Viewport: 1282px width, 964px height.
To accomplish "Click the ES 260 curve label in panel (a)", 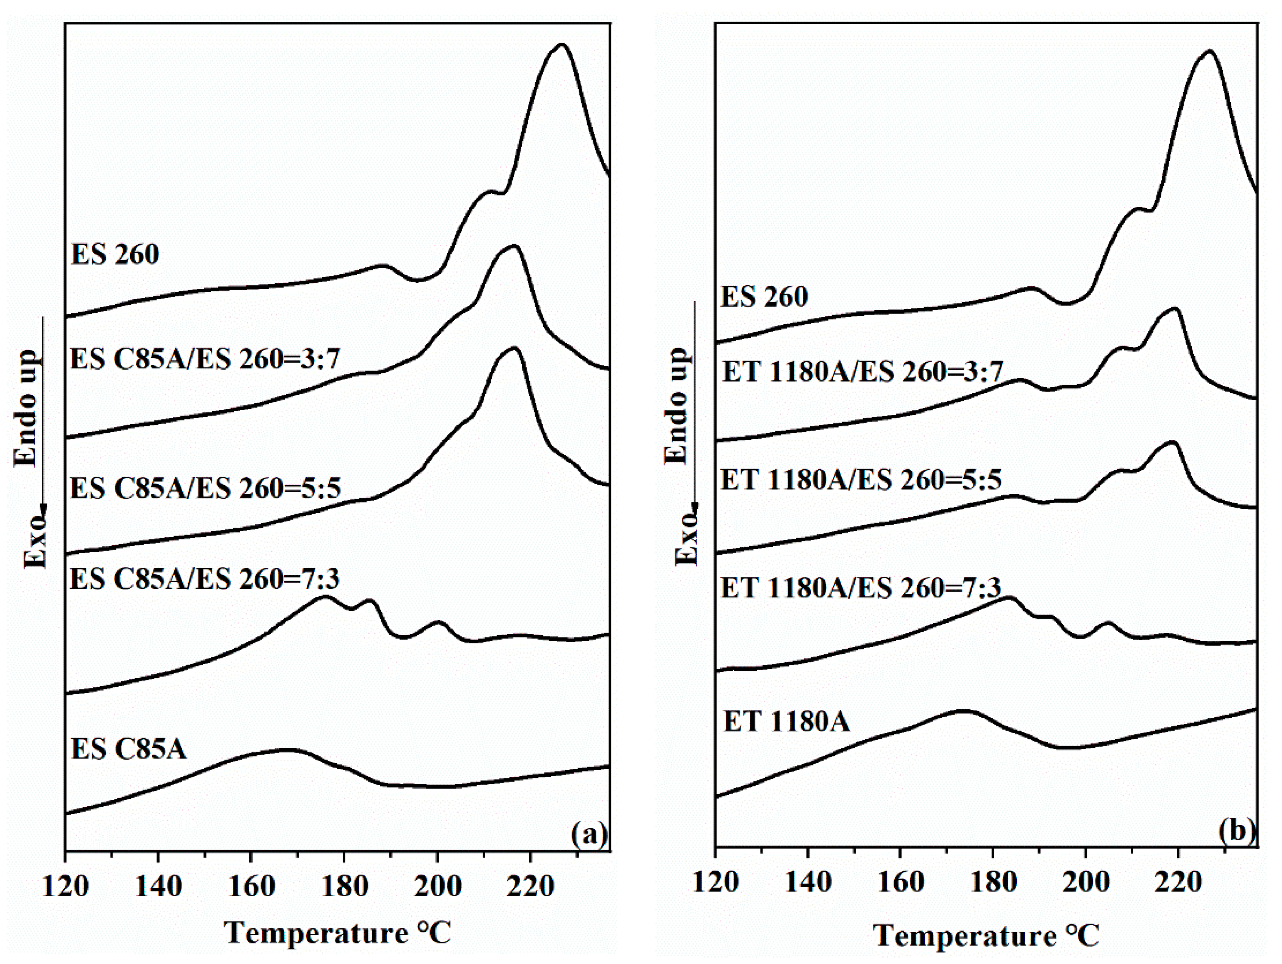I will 115,255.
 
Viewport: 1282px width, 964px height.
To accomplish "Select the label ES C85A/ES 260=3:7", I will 205,359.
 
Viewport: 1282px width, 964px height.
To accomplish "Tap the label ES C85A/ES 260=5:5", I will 205,488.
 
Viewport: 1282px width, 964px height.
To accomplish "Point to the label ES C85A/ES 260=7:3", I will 205,578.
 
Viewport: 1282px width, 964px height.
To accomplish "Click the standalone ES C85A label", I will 129,749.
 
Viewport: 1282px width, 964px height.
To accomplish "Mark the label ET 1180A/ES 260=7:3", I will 861,588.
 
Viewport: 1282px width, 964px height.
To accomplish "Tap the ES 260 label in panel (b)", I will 764,297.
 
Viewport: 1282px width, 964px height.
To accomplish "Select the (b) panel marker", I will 1236,830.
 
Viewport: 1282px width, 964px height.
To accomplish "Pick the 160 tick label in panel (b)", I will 900,882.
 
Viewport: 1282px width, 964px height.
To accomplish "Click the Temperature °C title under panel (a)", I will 337,933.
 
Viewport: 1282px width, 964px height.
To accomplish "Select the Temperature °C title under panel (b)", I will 986,936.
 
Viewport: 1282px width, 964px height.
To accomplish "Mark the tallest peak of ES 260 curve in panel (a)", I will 560,45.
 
